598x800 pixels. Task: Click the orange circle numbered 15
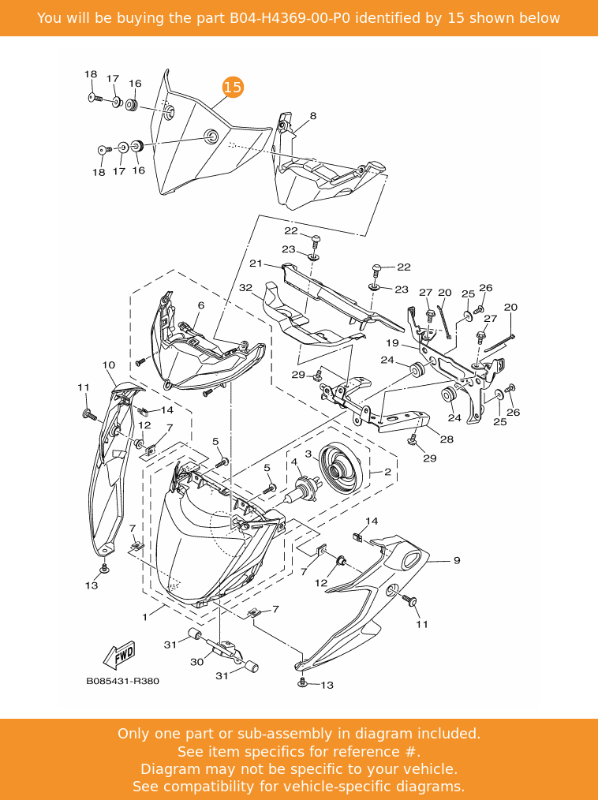[x=233, y=88]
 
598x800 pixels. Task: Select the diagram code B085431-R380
[x=122, y=681]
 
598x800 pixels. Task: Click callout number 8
[x=312, y=116]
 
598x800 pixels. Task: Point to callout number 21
[x=255, y=264]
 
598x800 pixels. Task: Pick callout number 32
[x=245, y=288]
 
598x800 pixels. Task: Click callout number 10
[x=109, y=365]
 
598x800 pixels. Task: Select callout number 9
[x=456, y=561]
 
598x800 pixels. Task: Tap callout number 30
[x=196, y=662]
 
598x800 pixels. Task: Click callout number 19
[x=392, y=343]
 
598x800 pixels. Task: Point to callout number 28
[x=447, y=439]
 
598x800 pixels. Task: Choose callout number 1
[x=145, y=615]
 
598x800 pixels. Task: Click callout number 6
[x=200, y=305]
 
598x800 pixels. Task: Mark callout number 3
[x=308, y=454]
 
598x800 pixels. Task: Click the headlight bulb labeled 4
[x=304, y=489]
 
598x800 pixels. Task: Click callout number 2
[x=387, y=472]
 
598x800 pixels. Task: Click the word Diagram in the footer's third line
[x=169, y=768]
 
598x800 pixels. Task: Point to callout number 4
[x=293, y=462]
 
